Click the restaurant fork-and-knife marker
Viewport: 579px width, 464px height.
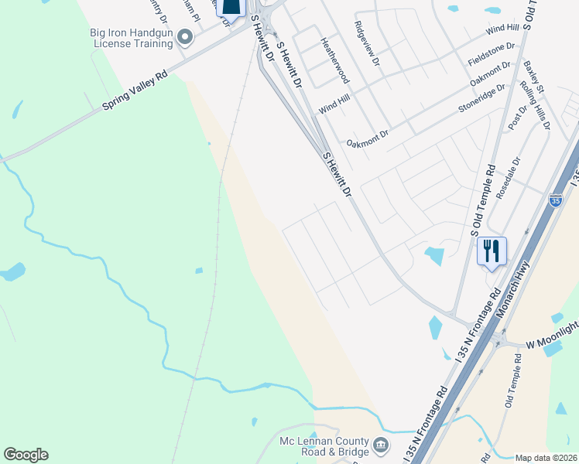[492, 251]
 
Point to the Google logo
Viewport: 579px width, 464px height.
[26, 455]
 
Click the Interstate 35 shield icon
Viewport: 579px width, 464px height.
[555, 200]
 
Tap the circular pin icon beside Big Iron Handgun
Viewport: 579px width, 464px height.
[184, 36]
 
